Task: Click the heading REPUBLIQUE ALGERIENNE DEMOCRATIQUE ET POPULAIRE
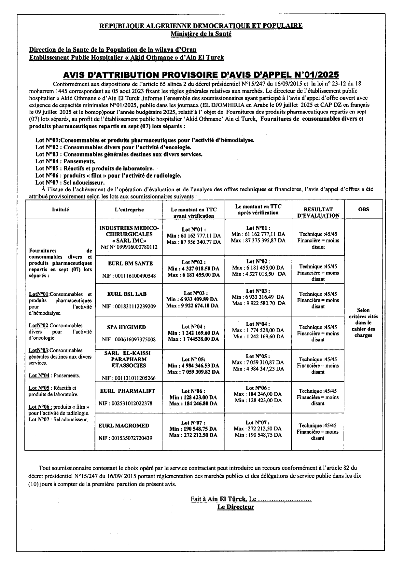pos(201,26)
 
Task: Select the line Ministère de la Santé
pos(201,34)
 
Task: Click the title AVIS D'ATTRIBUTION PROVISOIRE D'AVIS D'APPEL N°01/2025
pos(201,75)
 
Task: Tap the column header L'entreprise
pos(129,210)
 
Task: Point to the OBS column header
pos(363,209)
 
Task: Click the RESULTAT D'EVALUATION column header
pos(318,212)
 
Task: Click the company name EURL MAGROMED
pos(124,426)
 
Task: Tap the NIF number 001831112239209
pos(129,306)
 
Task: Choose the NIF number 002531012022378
pos(125,403)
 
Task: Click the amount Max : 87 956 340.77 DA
pos(194,242)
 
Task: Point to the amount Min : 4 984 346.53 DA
pos(193,366)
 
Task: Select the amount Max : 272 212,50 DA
pos(258,429)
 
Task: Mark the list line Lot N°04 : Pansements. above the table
pos(65,161)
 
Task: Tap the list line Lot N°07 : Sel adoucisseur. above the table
pos(70,183)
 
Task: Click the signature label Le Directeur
pos(236,507)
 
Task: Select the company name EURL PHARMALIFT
pos(128,391)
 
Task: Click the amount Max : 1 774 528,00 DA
pos(258,330)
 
